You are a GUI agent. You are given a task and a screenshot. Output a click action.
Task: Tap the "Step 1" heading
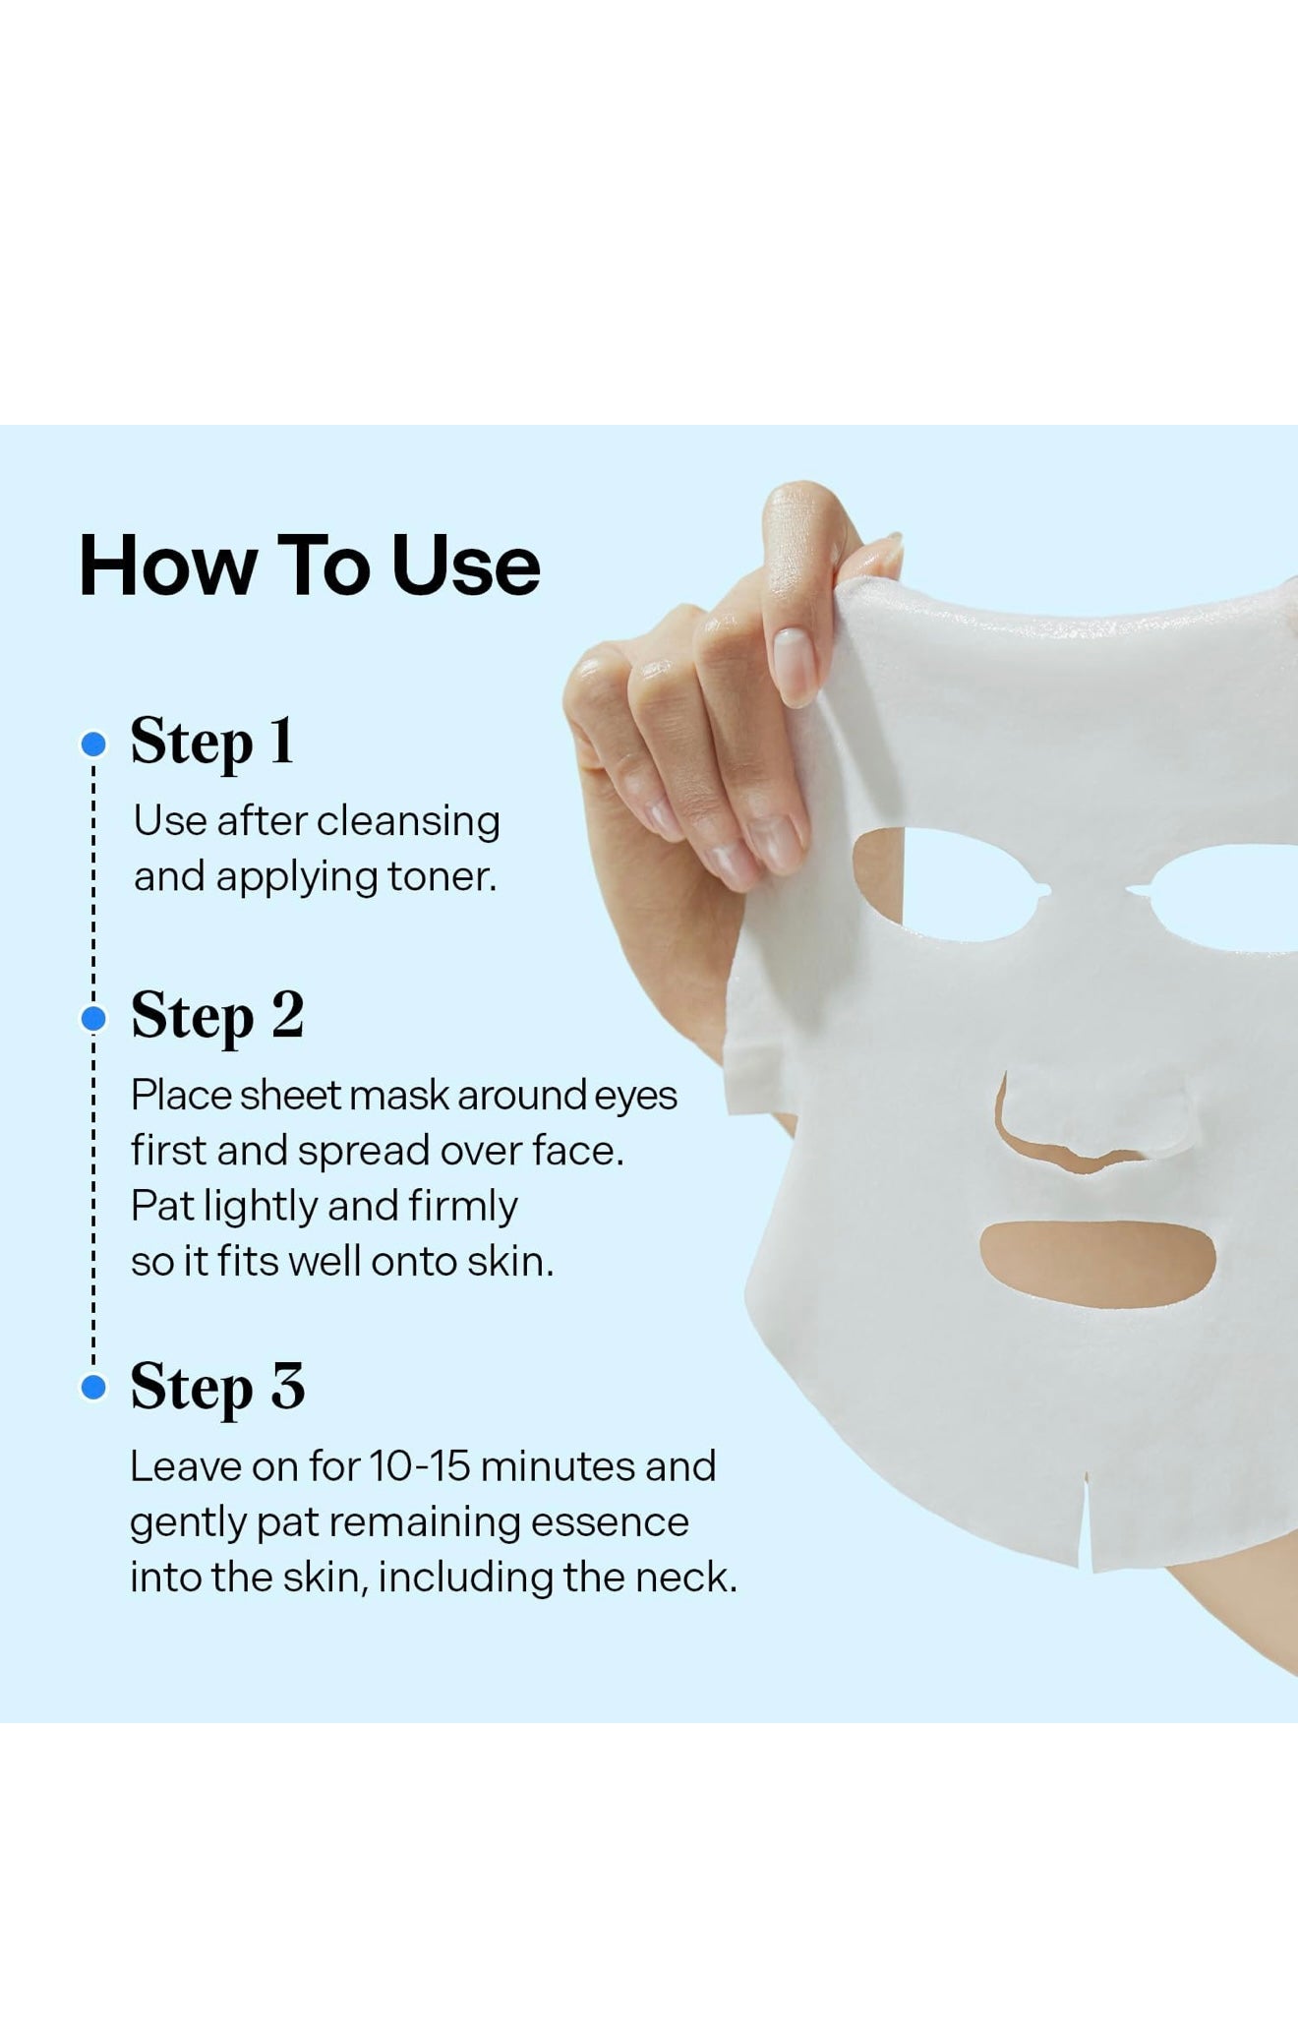coord(212,742)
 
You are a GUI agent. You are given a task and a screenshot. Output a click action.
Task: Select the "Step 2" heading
coord(217,1017)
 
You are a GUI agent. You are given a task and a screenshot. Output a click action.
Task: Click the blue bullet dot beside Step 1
coord(93,745)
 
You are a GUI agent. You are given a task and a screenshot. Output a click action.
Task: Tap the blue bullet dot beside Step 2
coord(93,1020)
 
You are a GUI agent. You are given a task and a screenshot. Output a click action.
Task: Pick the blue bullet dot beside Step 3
coord(93,1388)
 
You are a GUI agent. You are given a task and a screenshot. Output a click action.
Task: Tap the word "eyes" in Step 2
coord(636,1096)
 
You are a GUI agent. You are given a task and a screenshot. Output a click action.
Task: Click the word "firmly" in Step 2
coord(467,1207)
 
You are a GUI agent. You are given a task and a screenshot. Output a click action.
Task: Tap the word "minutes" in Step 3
coord(557,1466)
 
